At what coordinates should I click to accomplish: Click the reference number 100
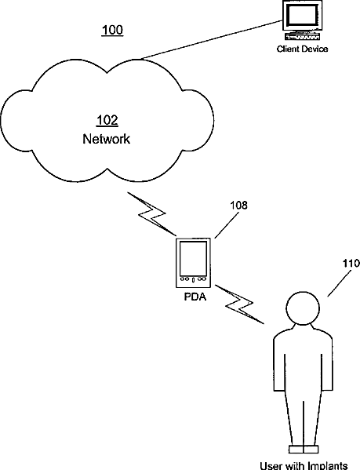click(112, 31)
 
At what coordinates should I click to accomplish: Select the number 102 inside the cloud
click(107, 120)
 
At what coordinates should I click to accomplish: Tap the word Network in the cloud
click(107, 139)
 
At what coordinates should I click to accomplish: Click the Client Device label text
click(302, 49)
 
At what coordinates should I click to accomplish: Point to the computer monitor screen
click(302, 15)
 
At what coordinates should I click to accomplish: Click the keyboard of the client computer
click(303, 37)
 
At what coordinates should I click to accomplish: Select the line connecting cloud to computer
click(212, 39)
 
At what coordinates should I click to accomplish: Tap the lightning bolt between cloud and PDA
click(151, 213)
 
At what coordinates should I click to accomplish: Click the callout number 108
click(238, 206)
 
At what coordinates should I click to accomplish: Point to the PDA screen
click(193, 259)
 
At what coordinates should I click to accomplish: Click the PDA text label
click(195, 297)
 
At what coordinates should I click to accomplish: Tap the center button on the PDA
click(193, 280)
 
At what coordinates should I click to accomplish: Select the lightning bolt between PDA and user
click(239, 304)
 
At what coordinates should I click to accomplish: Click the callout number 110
click(351, 263)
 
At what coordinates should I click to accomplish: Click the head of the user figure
click(303, 308)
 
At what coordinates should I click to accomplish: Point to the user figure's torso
click(303, 359)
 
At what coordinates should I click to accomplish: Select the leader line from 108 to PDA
click(227, 225)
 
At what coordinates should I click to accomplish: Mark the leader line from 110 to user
click(340, 283)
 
